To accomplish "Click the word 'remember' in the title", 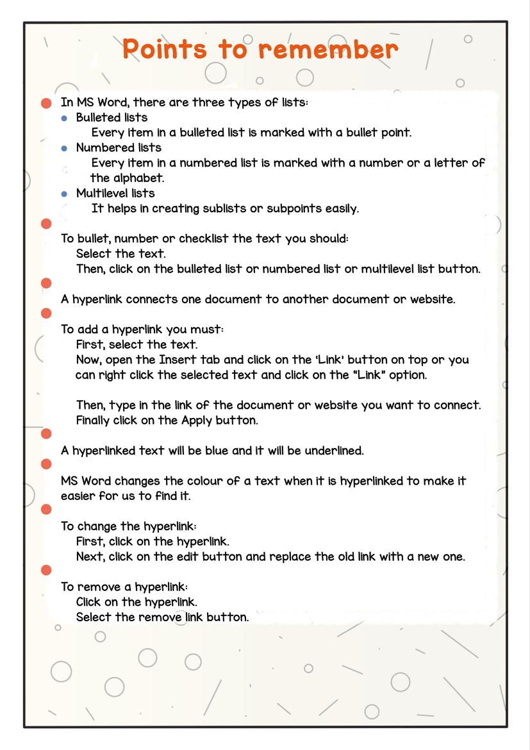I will pos(329,50).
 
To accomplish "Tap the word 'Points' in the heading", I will pos(165,50).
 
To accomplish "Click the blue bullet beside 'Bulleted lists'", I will pos(64,119).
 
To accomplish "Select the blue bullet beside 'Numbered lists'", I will pos(64,149).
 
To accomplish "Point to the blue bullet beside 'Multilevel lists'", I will pos(64,194).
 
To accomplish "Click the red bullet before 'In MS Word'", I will pos(46,103).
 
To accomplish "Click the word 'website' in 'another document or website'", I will pos(432,299).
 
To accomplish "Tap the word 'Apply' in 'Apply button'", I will pos(198,421).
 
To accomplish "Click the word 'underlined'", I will pos(333,451).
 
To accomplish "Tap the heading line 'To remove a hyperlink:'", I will pos(124,587).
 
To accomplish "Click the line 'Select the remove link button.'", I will pos(162,617).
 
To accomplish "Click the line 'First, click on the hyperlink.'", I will pos(153,542).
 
